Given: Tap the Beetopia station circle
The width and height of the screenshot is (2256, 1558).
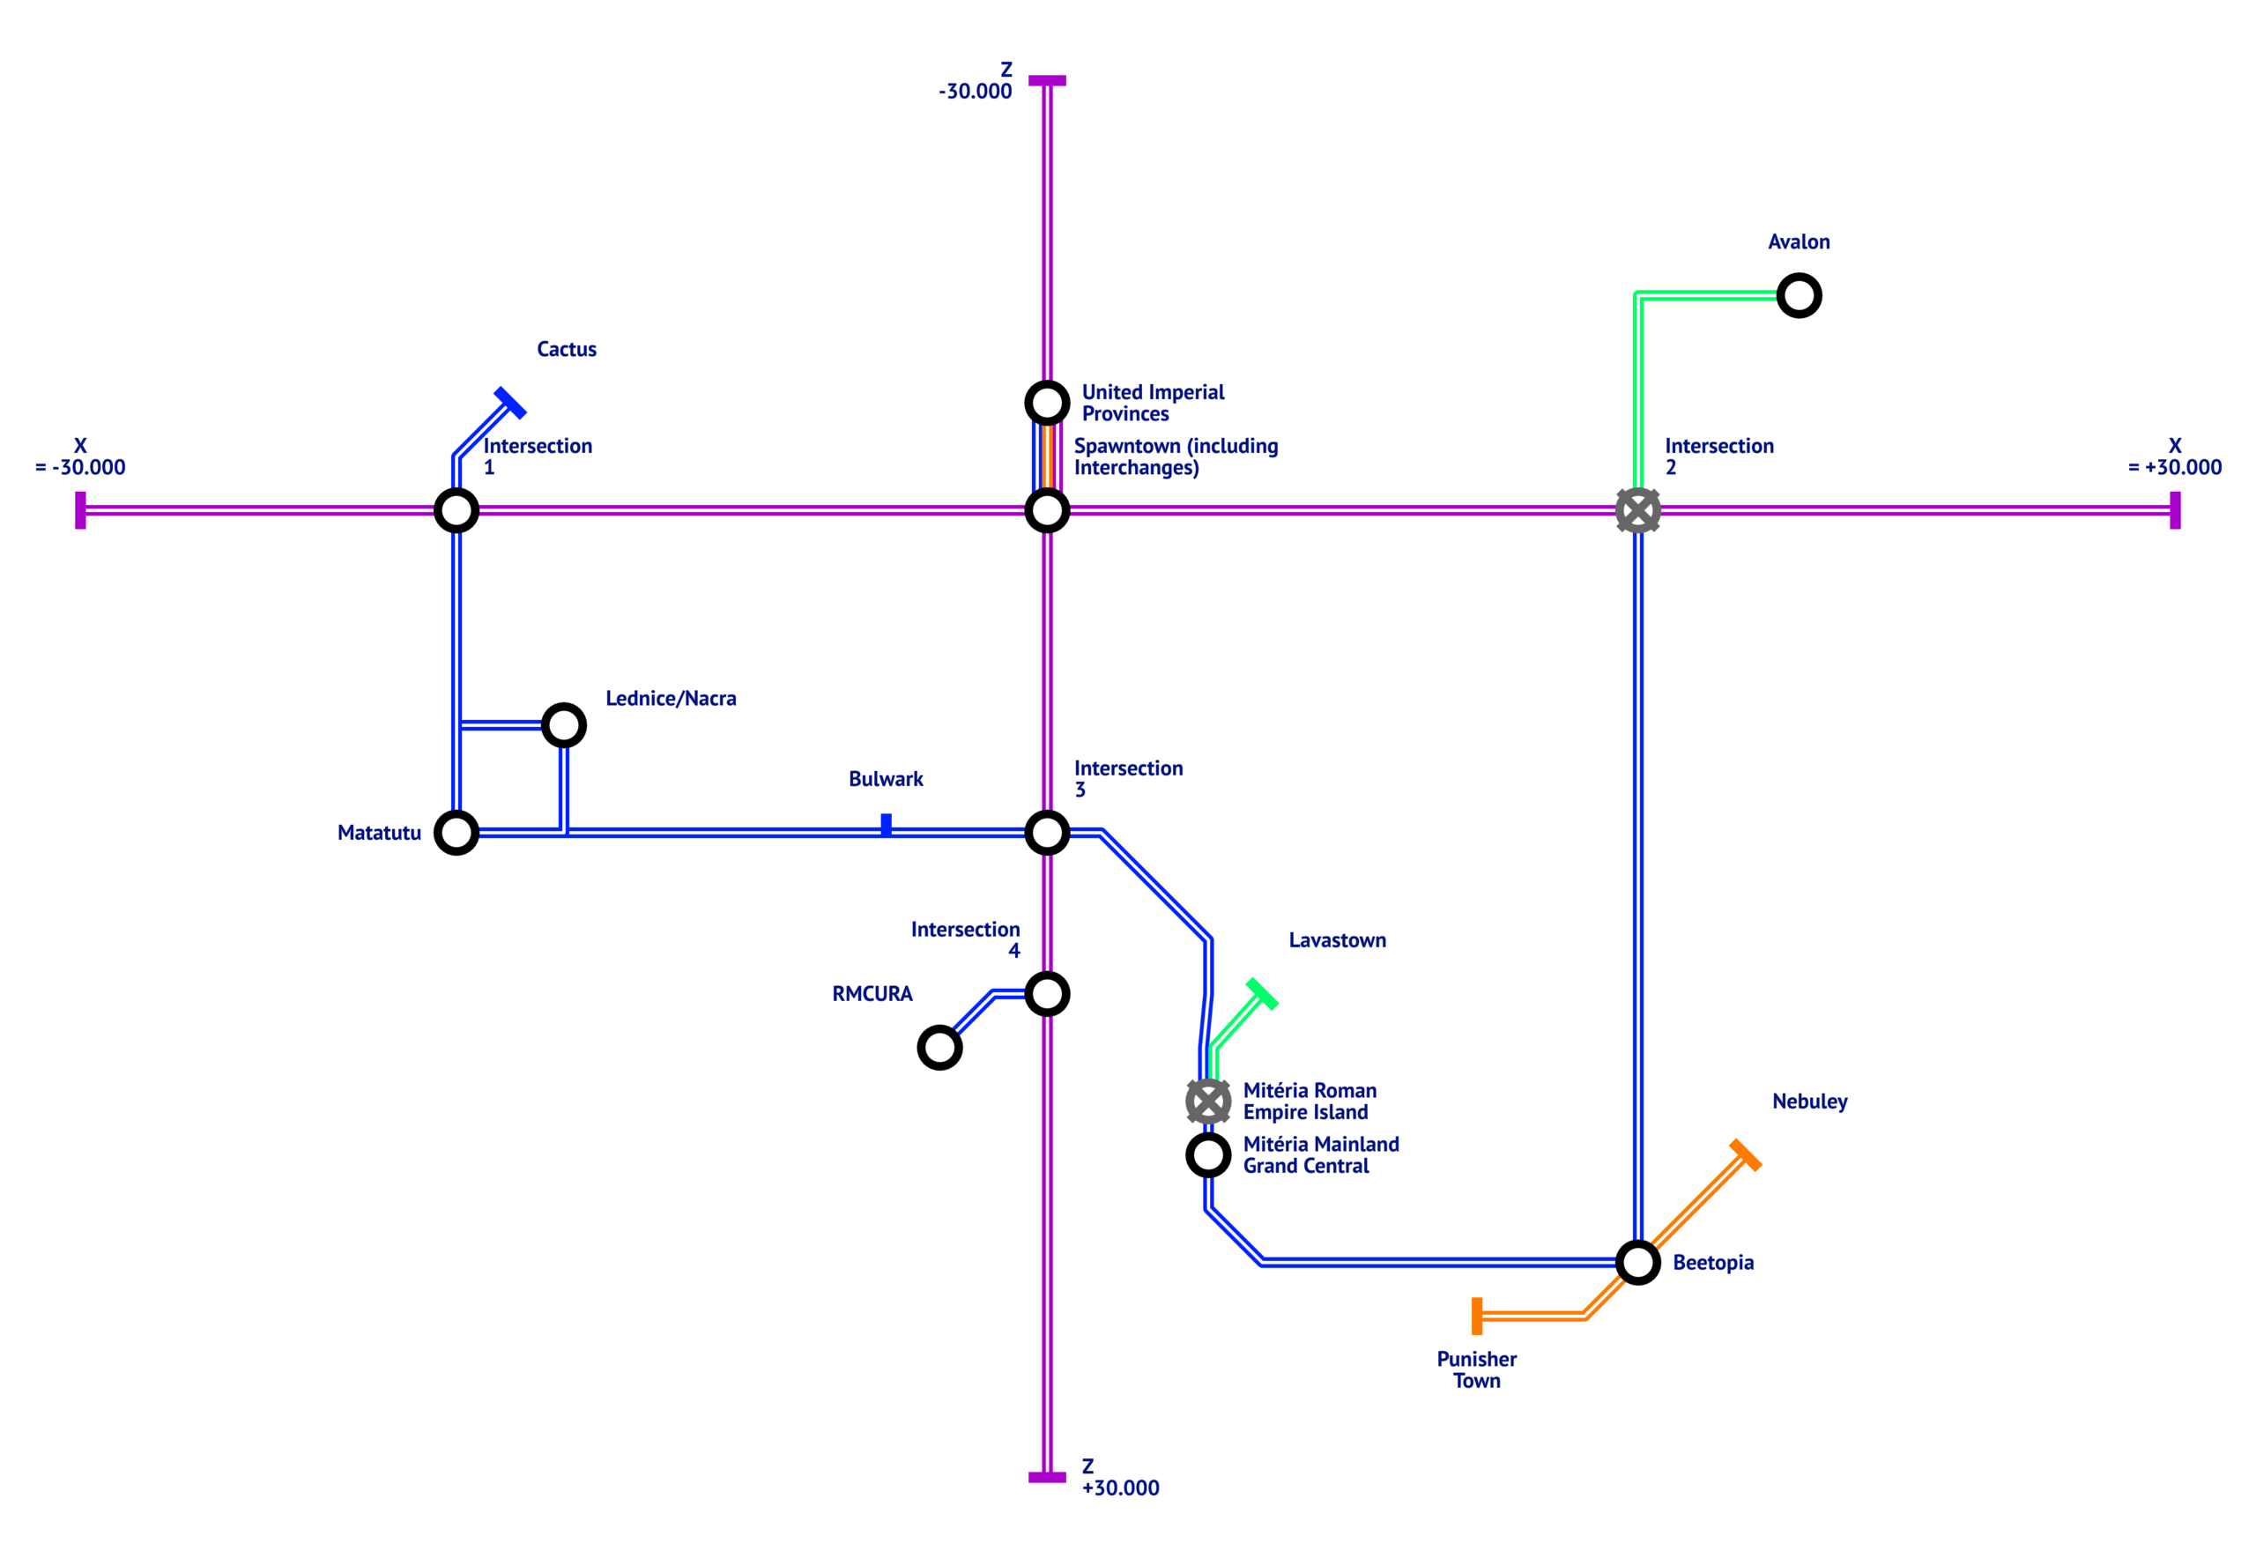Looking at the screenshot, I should [1637, 1262].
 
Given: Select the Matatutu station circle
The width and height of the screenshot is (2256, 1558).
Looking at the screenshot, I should [456, 833].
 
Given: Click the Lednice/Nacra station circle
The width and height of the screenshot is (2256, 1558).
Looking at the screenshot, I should [563, 725].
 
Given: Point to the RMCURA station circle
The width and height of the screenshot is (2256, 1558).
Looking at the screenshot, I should [939, 1048].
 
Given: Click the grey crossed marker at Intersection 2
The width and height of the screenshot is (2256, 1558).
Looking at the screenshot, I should [1637, 510].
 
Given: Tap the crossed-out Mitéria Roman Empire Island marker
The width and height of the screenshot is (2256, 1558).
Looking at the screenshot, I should [1207, 1102].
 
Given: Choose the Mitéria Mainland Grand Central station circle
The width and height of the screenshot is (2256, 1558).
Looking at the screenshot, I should [1207, 1154].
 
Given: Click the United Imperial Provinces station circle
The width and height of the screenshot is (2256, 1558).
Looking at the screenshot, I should [1047, 402].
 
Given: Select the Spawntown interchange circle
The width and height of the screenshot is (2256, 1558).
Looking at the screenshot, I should [1047, 510].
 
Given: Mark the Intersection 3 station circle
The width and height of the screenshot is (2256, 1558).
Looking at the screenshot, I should [1047, 833].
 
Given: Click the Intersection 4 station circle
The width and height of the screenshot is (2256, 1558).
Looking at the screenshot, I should [1047, 994].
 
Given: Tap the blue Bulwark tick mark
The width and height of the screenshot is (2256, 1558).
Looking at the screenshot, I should [886, 825].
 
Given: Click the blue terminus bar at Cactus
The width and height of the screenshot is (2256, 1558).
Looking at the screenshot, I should [509, 402].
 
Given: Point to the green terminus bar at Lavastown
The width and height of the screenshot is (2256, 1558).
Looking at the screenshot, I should [1261, 994].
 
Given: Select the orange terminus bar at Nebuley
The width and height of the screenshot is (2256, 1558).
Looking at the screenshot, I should [1745, 1154].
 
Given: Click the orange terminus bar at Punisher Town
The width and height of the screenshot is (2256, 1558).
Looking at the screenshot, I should [1477, 1316].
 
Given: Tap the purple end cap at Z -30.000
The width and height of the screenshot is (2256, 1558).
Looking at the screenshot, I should [1047, 80].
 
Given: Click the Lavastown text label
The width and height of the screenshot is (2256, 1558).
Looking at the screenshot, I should [1337, 940].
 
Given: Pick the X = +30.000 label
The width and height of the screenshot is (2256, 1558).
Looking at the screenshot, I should [2174, 456].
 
